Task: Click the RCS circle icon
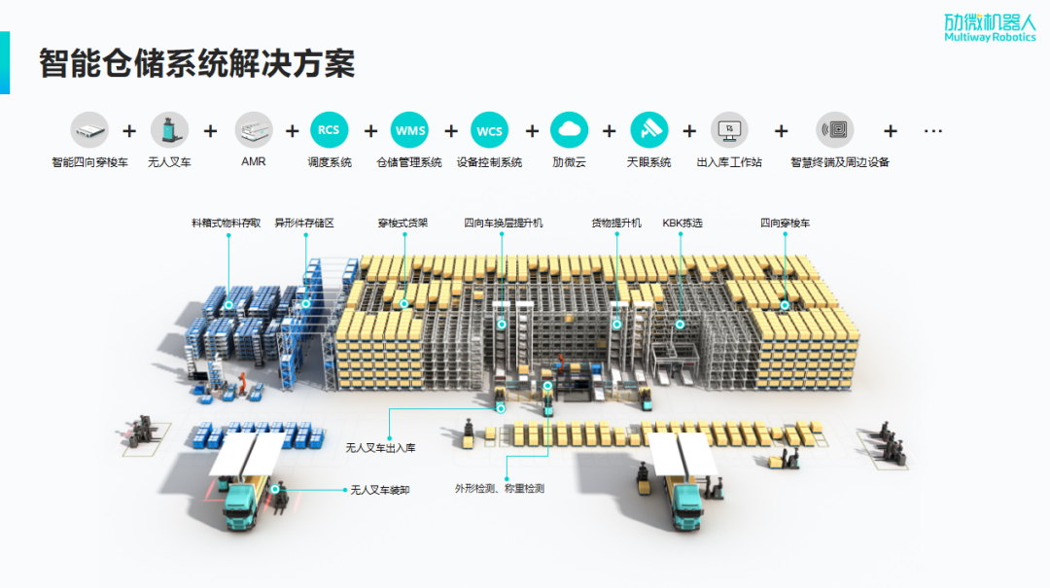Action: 329,130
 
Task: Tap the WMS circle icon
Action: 409,130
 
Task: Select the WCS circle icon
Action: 489,130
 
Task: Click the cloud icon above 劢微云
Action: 569,130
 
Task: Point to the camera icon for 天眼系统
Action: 648,130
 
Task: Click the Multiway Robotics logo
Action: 989,27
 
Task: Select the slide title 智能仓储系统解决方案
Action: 196,63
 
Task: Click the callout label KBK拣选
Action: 682,224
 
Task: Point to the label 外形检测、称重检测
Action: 500,488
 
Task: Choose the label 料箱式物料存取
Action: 227,224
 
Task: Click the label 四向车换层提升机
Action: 504,224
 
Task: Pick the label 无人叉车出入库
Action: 380,448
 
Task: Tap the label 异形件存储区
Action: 304,224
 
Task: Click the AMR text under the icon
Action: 254,162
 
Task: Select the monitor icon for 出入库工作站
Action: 729,130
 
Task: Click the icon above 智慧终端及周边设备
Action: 834,130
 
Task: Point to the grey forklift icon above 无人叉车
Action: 169,130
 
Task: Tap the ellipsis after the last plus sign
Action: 933,130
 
